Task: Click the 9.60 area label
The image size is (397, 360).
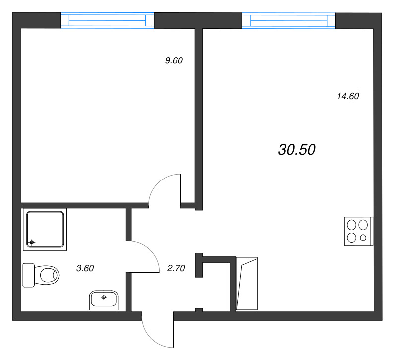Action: coord(174,60)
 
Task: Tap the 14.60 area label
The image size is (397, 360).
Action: coord(348,96)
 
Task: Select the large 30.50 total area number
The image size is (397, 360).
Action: coord(297,149)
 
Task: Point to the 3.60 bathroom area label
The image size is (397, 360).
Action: coord(85,268)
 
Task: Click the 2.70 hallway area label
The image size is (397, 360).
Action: coord(176,268)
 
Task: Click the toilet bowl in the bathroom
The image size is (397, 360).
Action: coord(47,275)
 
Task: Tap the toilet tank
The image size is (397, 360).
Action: coord(29,275)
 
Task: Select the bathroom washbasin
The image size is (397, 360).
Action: coord(104,300)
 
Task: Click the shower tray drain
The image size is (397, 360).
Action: coord(32,242)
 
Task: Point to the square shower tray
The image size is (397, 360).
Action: coord(45,230)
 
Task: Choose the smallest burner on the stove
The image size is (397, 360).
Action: coord(363,238)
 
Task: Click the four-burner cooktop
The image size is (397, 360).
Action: coord(358,231)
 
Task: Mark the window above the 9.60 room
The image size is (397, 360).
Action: coord(107,20)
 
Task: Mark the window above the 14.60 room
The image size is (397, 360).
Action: coord(289,20)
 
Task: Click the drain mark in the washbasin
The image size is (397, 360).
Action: coord(104,297)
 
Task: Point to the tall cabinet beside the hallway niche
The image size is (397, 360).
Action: coord(247,284)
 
